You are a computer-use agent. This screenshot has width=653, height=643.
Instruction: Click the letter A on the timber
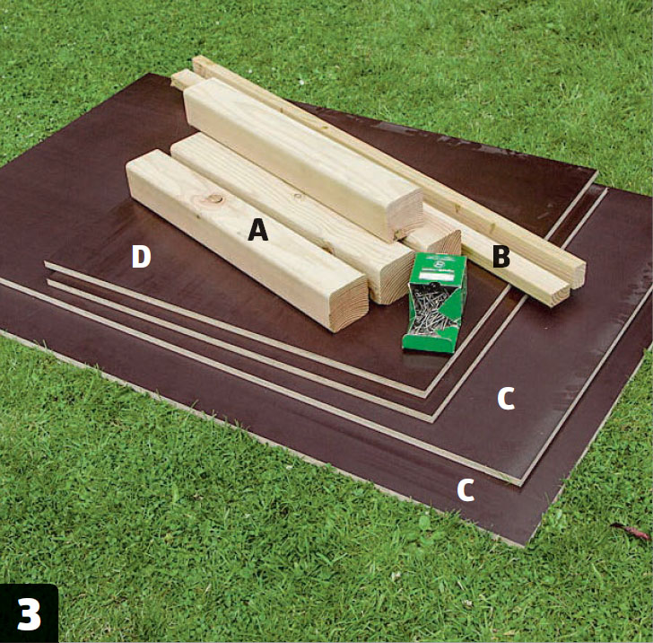tap(257, 230)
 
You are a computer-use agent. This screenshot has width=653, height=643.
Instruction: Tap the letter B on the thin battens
tap(501, 257)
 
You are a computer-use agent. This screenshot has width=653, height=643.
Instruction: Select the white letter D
tap(141, 257)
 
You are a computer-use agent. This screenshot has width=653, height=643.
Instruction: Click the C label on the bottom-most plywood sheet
tap(466, 490)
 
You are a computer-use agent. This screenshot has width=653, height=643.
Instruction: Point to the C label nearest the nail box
tap(506, 398)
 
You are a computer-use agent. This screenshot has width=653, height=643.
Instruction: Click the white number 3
tap(29, 614)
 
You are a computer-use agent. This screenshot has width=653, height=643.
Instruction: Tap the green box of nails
tap(434, 303)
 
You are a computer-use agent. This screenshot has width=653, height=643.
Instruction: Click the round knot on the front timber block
tap(215, 198)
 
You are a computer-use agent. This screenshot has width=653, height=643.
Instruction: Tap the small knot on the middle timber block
tap(298, 195)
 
